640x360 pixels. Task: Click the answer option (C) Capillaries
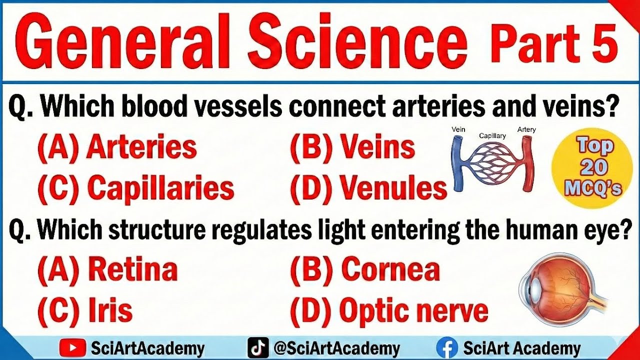(x=135, y=189)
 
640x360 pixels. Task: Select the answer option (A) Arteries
(x=117, y=148)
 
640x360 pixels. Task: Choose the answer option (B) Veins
(x=352, y=148)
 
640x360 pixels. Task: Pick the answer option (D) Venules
(x=368, y=189)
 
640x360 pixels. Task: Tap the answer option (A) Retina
(x=107, y=270)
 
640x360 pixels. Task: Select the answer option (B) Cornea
(x=365, y=270)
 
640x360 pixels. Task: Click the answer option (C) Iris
(x=85, y=311)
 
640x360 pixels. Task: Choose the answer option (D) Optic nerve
(x=389, y=311)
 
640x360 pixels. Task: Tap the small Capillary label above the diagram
(x=492, y=135)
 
